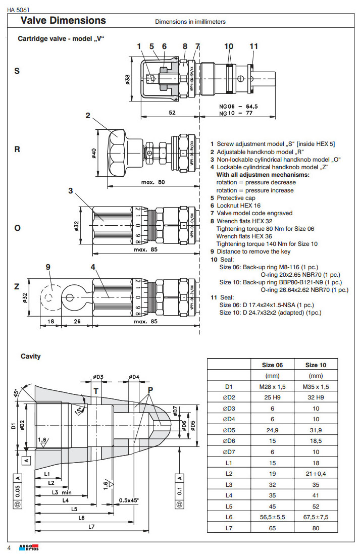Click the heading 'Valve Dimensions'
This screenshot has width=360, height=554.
pyautogui.click(x=63, y=21)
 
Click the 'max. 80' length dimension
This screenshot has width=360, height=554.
pyautogui.click(x=153, y=182)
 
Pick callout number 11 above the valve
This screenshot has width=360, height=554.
pyautogui.click(x=253, y=46)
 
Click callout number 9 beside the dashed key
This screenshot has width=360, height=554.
pyautogui.click(x=48, y=267)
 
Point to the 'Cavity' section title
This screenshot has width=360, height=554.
pyautogui.click(x=31, y=356)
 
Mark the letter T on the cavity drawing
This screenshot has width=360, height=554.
pyautogui.click(x=95, y=391)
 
